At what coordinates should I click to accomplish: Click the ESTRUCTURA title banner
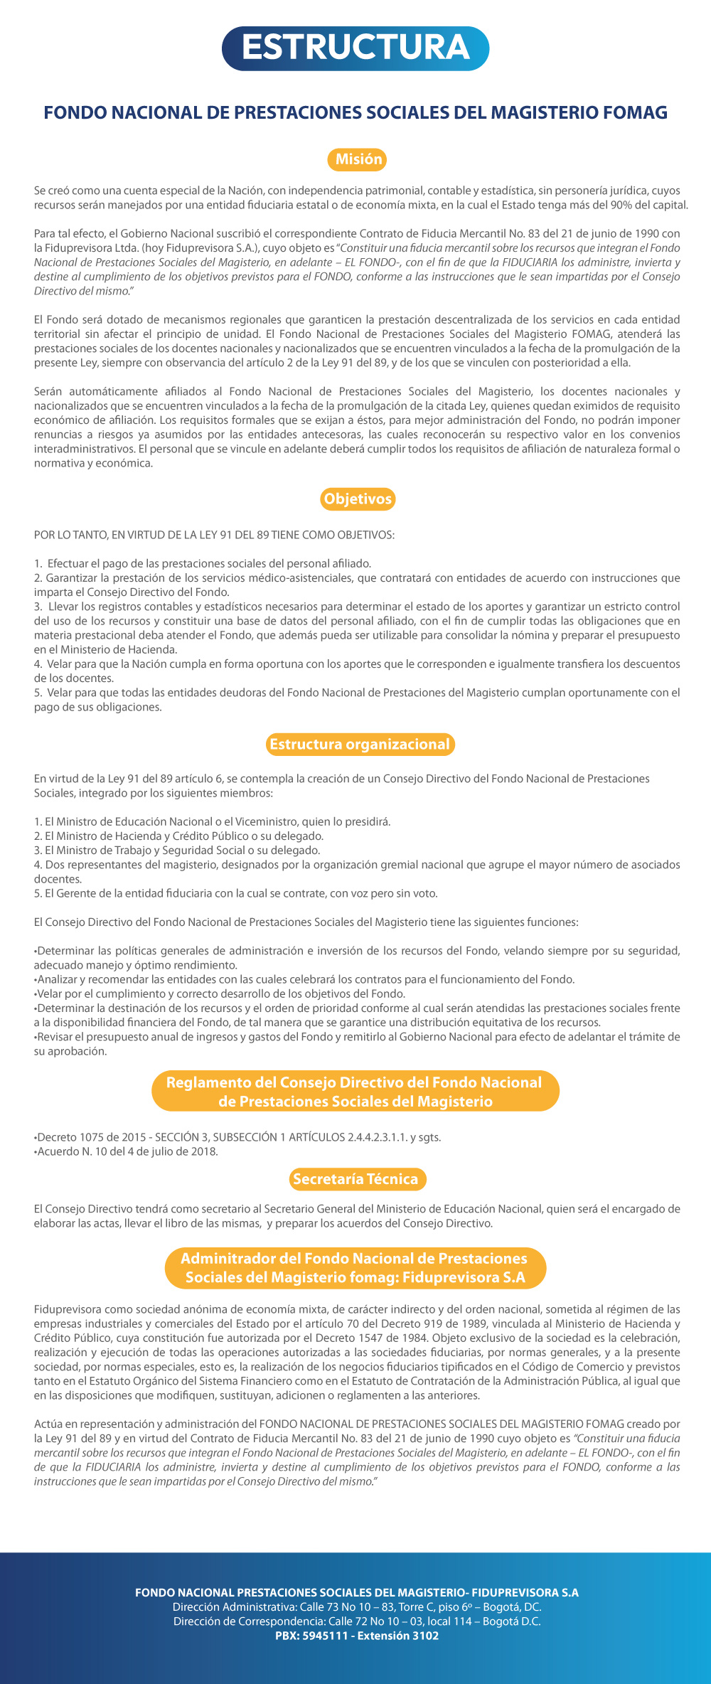(x=355, y=48)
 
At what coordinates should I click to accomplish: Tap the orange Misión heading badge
(x=358, y=159)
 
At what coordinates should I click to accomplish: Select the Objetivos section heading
(x=358, y=499)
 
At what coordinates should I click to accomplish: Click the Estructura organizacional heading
(x=360, y=745)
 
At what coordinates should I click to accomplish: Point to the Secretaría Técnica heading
(x=355, y=1179)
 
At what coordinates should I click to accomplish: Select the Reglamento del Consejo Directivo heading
(x=355, y=1092)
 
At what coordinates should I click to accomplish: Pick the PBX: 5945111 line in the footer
(x=357, y=1636)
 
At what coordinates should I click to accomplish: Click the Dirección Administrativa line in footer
(x=357, y=1607)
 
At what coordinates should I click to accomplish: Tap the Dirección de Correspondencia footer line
(x=357, y=1621)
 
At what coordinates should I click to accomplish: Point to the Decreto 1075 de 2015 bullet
(x=237, y=1137)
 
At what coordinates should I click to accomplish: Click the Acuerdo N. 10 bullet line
(x=127, y=1151)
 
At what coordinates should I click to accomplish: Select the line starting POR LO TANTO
(x=214, y=535)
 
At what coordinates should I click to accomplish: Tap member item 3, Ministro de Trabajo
(x=177, y=851)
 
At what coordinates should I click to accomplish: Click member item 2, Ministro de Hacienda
(x=179, y=836)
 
